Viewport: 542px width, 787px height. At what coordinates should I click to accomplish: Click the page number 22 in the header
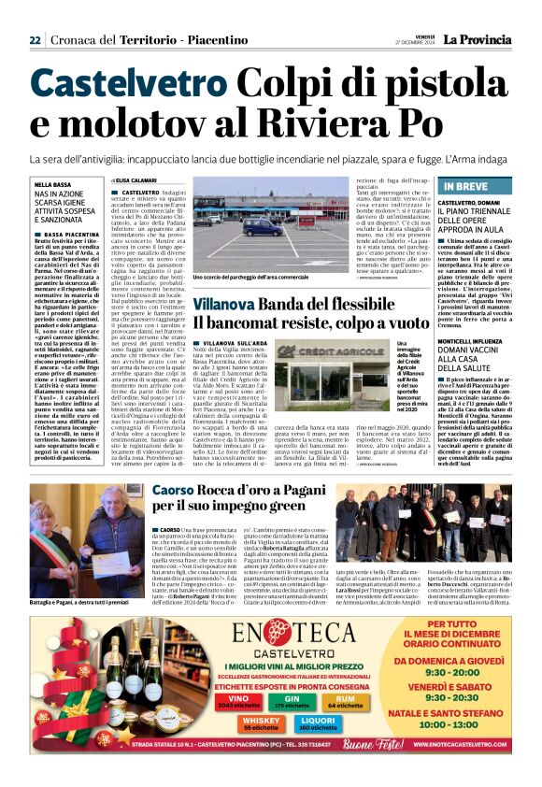coord(35,40)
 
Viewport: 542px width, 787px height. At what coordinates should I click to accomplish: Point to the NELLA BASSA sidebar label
coord(50,185)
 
